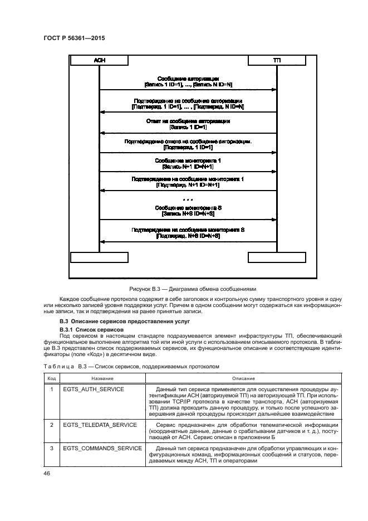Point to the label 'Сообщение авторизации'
pos(188,79)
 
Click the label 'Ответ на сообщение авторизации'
pos(188,121)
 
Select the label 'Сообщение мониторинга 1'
pos(188,160)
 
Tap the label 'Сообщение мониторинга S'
pos(188,208)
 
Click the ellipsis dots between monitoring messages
pos(188,199)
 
